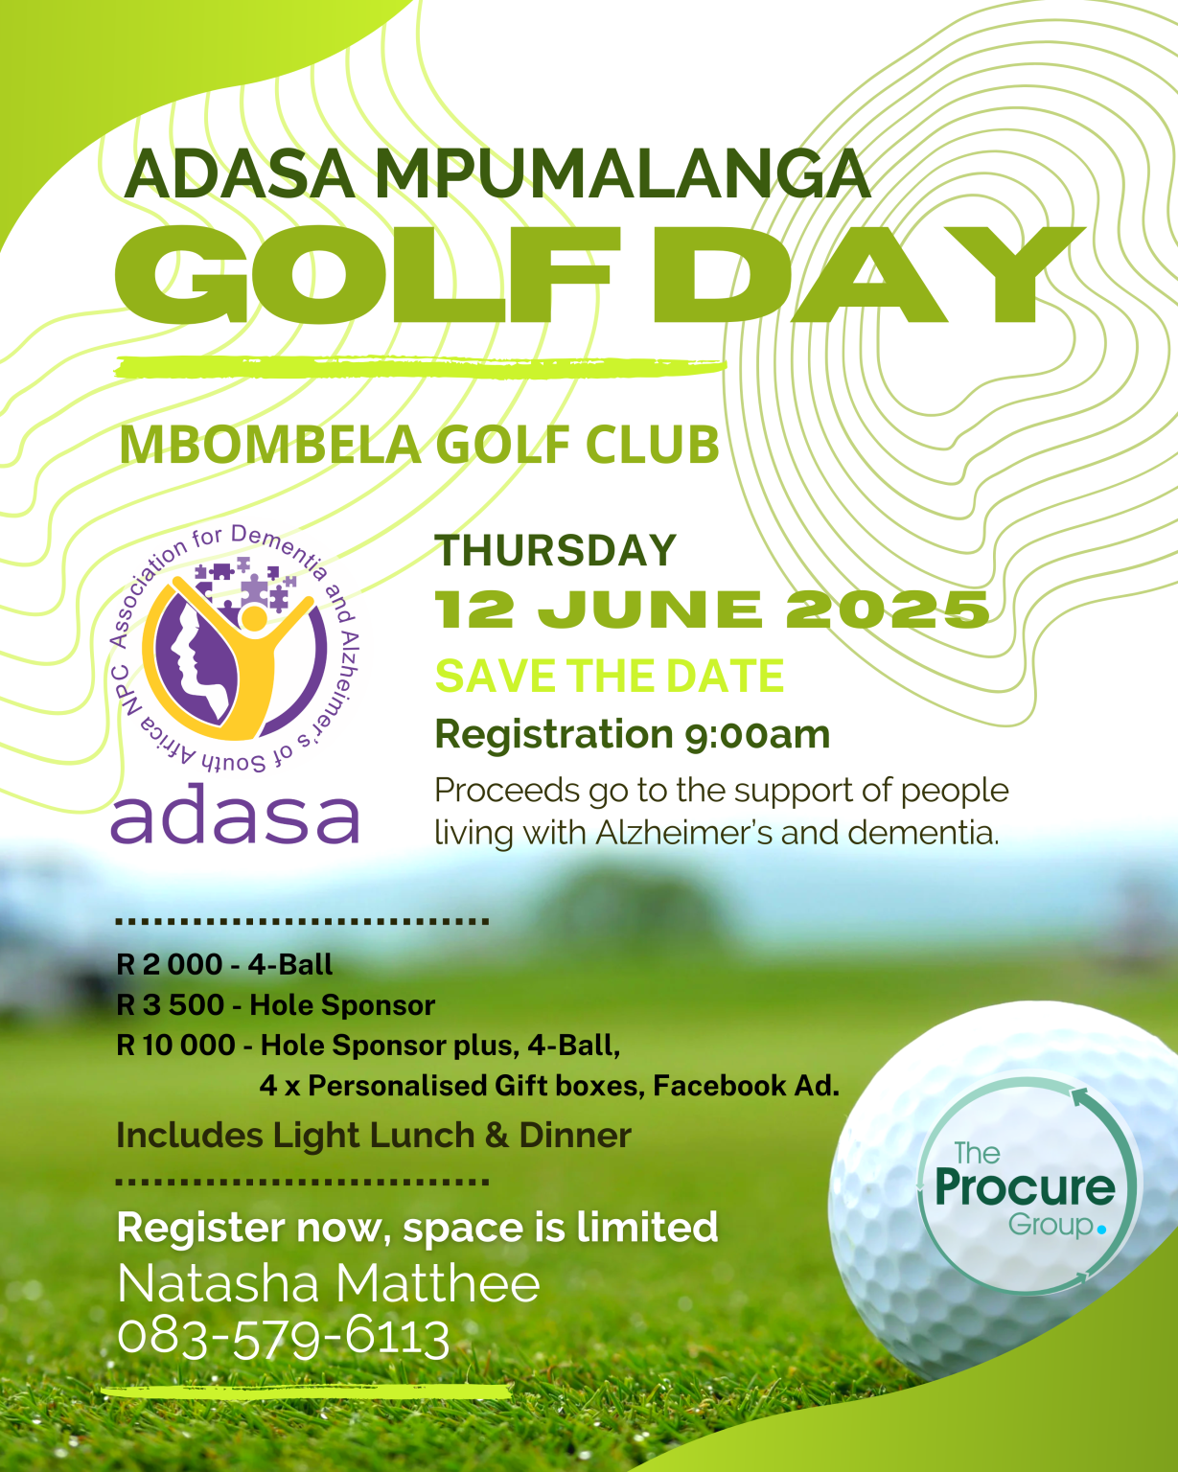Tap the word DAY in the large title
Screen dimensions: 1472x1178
click(x=867, y=275)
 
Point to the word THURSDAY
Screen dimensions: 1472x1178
click(x=556, y=551)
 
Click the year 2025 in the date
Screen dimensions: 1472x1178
click(x=888, y=610)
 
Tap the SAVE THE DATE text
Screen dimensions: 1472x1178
click(x=610, y=677)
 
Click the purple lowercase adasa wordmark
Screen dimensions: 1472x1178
click(x=235, y=816)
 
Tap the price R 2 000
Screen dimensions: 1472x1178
click(x=170, y=964)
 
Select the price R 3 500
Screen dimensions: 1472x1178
click(x=171, y=1005)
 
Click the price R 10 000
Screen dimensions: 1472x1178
click(x=176, y=1045)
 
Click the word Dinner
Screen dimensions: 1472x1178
click(x=575, y=1136)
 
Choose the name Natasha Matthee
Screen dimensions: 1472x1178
click(x=329, y=1284)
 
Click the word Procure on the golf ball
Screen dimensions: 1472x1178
click(x=1025, y=1188)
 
